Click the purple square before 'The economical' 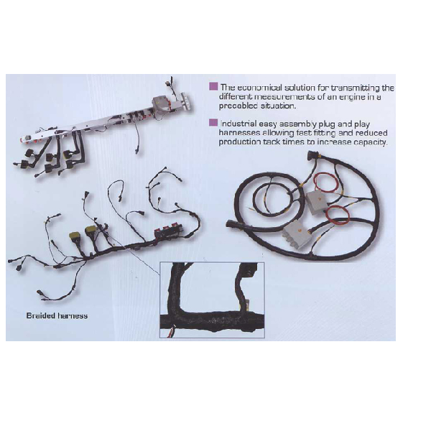click(x=213, y=86)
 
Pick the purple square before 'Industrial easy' click(x=213, y=122)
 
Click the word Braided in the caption click(x=41, y=315)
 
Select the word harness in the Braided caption click(x=73, y=315)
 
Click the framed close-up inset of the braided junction click(x=212, y=300)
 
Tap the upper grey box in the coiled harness click(x=317, y=203)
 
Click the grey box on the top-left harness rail click(x=162, y=105)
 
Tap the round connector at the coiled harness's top click(x=312, y=154)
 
